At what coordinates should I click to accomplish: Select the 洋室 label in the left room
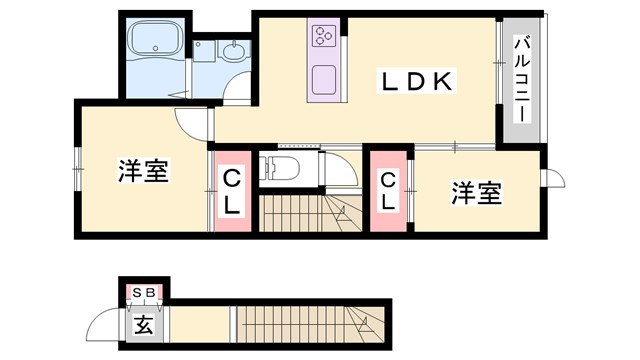pyautogui.click(x=142, y=171)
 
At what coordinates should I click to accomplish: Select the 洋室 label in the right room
pyautogui.click(x=475, y=193)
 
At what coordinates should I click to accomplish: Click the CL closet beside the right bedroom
pyautogui.click(x=388, y=190)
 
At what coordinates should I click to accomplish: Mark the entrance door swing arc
pyautogui.click(x=105, y=325)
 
